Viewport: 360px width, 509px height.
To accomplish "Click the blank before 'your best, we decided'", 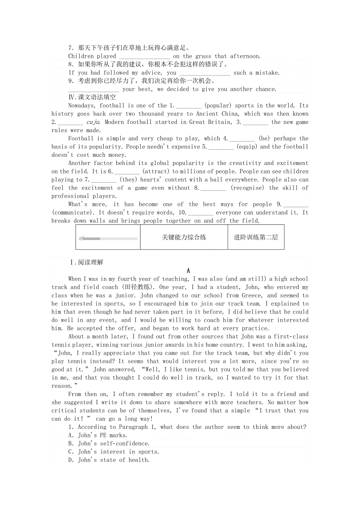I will point(94,90).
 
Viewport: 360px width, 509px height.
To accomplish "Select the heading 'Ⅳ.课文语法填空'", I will point(92,97).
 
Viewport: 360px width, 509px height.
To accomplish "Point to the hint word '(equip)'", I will point(247,147).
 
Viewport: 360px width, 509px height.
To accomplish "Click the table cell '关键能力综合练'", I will point(184,237).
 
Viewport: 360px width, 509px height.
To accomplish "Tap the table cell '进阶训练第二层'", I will point(256,237).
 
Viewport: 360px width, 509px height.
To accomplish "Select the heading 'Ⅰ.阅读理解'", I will point(86,262).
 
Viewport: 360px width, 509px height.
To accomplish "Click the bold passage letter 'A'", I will point(188,271).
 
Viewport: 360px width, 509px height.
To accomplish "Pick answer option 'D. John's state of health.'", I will point(109,460).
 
